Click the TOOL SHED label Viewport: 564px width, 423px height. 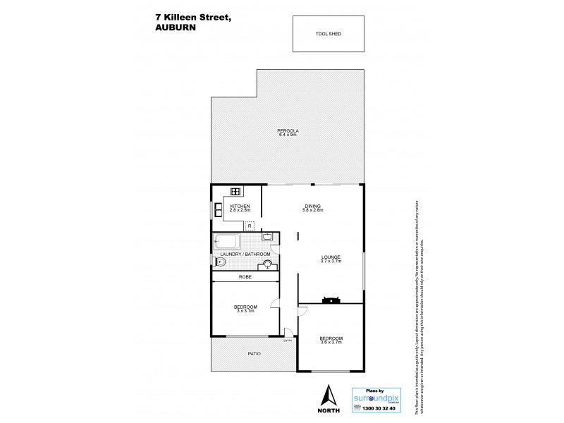click(329, 33)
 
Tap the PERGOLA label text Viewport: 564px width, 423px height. click(287, 130)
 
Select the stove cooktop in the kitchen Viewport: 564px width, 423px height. click(235, 191)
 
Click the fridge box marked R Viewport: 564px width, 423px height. click(250, 226)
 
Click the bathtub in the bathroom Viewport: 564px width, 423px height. click(226, 241)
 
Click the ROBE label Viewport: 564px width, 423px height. click(245, 277)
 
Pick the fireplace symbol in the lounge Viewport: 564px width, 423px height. click(330, 299)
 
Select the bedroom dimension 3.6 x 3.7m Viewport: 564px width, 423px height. click(331, 342)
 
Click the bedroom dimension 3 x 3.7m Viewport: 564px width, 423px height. click(245, 311)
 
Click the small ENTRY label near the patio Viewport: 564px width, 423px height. click(288, 341)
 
